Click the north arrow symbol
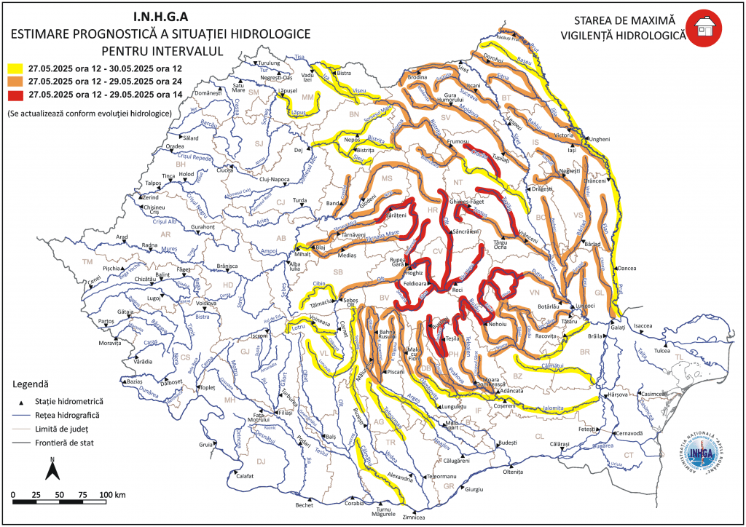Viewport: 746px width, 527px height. tap(52, 469)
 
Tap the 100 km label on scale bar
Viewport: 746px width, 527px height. tap(111, 495)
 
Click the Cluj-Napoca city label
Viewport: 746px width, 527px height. tap(274, 178)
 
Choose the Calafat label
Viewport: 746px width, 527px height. tap(245, 476)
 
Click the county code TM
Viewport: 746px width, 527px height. tap(89, 261)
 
